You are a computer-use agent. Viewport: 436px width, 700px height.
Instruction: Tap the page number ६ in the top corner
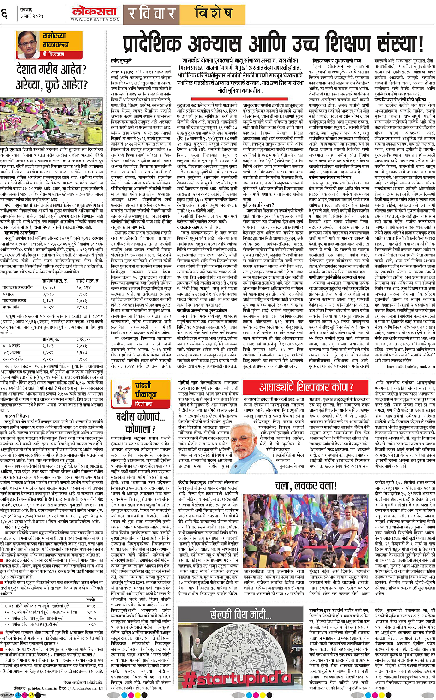coord(6,13)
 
